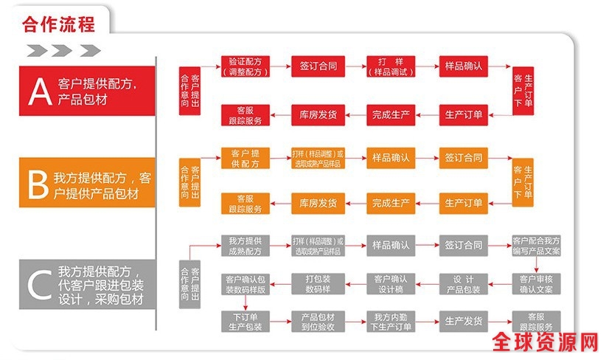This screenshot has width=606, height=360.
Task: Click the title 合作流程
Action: point(59,24)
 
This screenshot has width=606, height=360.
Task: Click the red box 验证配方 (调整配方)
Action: point(245,66)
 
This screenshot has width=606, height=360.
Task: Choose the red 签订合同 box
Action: point(318,66)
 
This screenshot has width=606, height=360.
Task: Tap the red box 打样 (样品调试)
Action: point(392,66)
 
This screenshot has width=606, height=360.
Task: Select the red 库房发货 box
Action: point(318,114)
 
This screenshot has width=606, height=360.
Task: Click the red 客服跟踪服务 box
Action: point(245,114)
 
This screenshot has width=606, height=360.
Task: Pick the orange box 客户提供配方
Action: point(245,158)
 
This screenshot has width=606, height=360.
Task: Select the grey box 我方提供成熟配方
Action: point(245,246)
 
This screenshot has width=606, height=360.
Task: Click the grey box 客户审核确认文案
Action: point(536,284)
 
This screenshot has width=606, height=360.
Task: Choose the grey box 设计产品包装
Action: point(464,284)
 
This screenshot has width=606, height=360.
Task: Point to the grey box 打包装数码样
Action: point(318,284)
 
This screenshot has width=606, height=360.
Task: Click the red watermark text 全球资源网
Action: point(545,343)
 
